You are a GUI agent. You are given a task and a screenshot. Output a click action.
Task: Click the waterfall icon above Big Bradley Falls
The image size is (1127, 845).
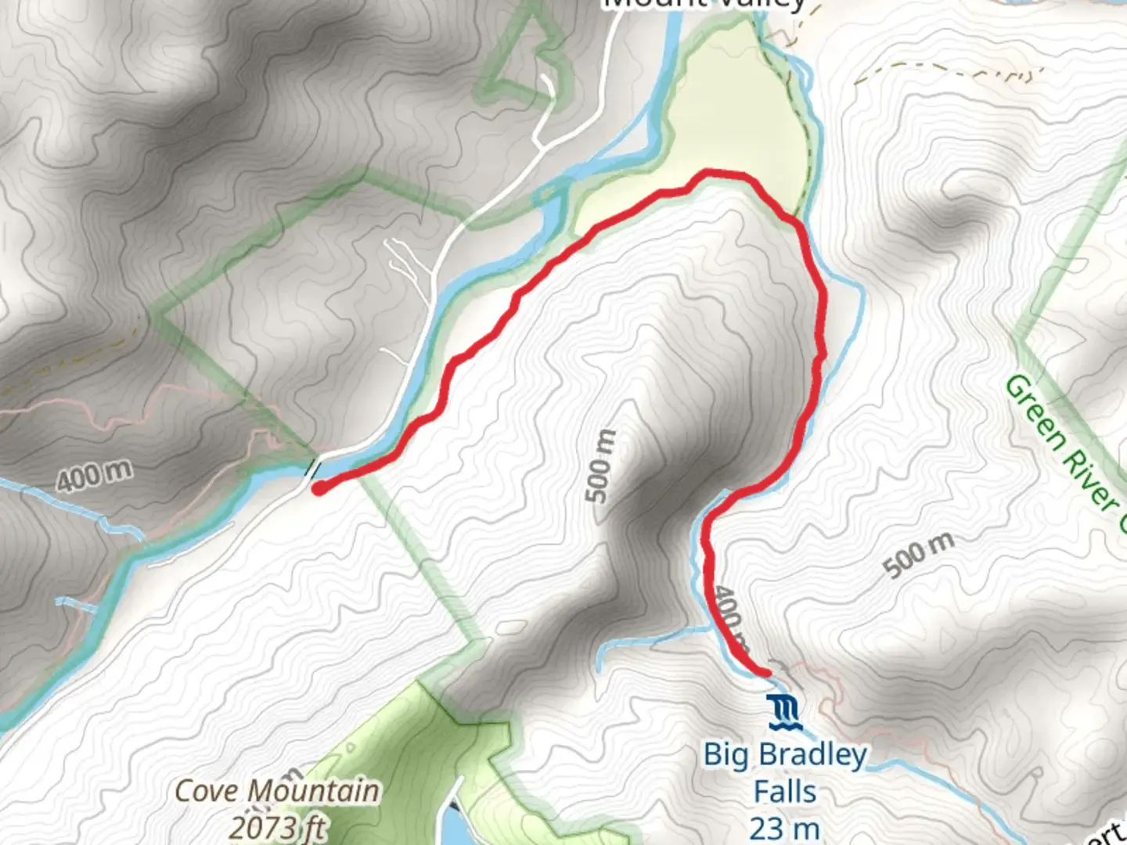[784, 712]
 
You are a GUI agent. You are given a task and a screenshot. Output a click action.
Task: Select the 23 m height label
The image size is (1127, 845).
[784, 828]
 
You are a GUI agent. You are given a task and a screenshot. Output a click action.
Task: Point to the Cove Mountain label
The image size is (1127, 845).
[276, 791]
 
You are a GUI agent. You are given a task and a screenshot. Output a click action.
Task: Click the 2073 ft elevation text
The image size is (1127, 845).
[278, 828]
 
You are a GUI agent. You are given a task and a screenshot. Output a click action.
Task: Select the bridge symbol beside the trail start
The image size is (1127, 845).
[313, 470]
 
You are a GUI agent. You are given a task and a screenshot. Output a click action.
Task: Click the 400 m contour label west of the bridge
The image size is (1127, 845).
[94, 476]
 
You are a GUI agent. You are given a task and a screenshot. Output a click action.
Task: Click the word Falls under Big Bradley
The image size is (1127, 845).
[784, 792]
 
